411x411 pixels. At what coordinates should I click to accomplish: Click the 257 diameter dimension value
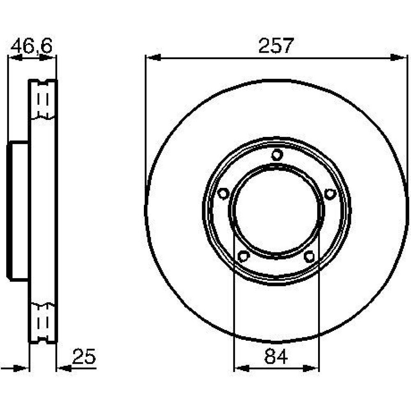[x=276, y=46]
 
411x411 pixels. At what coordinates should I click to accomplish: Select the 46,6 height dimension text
[x=32, y=46]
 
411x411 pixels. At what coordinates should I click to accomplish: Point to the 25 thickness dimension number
[x=84, y=356]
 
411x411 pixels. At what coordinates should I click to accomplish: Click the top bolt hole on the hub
[x=277, y=155]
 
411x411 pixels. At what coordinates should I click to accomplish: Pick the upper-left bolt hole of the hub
[x=223, y=194]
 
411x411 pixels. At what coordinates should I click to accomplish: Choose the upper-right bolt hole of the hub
[x=330, y=194]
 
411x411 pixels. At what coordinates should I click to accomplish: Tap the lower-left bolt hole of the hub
[x=243, y=256]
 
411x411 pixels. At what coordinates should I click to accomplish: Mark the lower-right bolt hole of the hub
[x=309, y=256]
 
